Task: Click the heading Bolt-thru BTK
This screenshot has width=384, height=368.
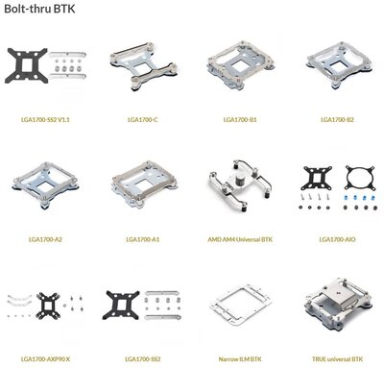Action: [39, 9]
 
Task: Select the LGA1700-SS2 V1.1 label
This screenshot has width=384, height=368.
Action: [45, 120]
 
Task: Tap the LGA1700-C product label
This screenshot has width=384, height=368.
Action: [143, 120]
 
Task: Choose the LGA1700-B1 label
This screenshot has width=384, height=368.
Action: [240, 120]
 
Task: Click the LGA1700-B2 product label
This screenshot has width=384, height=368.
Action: [337, 120]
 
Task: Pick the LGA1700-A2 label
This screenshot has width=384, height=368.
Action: [45, 239]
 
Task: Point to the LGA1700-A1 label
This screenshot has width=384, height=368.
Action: [143, 239]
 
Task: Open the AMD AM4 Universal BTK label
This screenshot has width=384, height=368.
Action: [240, 239]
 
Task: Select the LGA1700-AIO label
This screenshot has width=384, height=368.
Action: [337, 239]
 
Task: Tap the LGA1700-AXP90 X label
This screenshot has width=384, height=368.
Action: [45, 359]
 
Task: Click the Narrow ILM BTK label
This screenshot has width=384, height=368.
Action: [240, 359]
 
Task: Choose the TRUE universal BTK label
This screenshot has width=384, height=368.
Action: [337, 359]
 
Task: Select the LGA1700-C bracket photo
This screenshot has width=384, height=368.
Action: [143, 66]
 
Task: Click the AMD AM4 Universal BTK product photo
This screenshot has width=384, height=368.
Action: [240, 185]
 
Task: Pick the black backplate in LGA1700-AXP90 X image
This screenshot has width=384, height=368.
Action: [48, 306]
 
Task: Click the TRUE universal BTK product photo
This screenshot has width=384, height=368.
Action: [337, 303]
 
